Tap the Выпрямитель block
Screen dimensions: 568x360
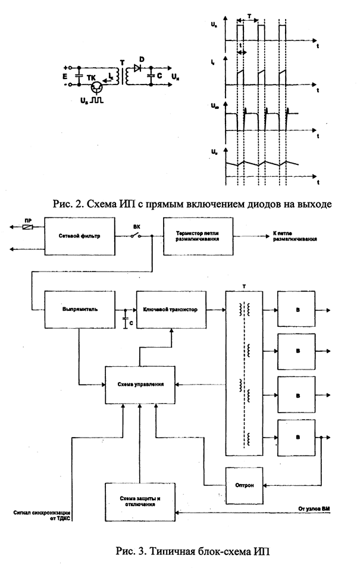click(x=79, y=310)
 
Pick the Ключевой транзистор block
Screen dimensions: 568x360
click(x=171, y=310)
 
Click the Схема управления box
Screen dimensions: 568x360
click(x=141, y=385)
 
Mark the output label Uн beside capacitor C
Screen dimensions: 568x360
click(x=173, y=77)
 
